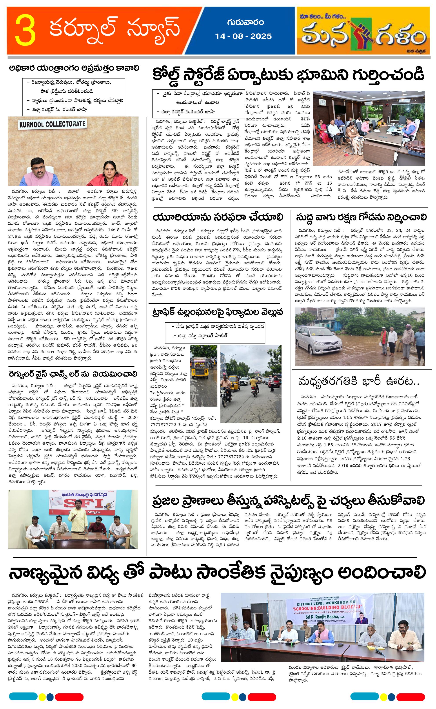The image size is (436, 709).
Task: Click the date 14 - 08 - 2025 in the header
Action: click(243, 36)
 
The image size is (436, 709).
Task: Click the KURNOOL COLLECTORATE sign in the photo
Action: click(52, 124)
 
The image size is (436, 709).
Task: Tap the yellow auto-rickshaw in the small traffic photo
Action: click(199, 368)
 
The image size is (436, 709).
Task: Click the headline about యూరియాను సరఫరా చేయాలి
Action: click(218, 217)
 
